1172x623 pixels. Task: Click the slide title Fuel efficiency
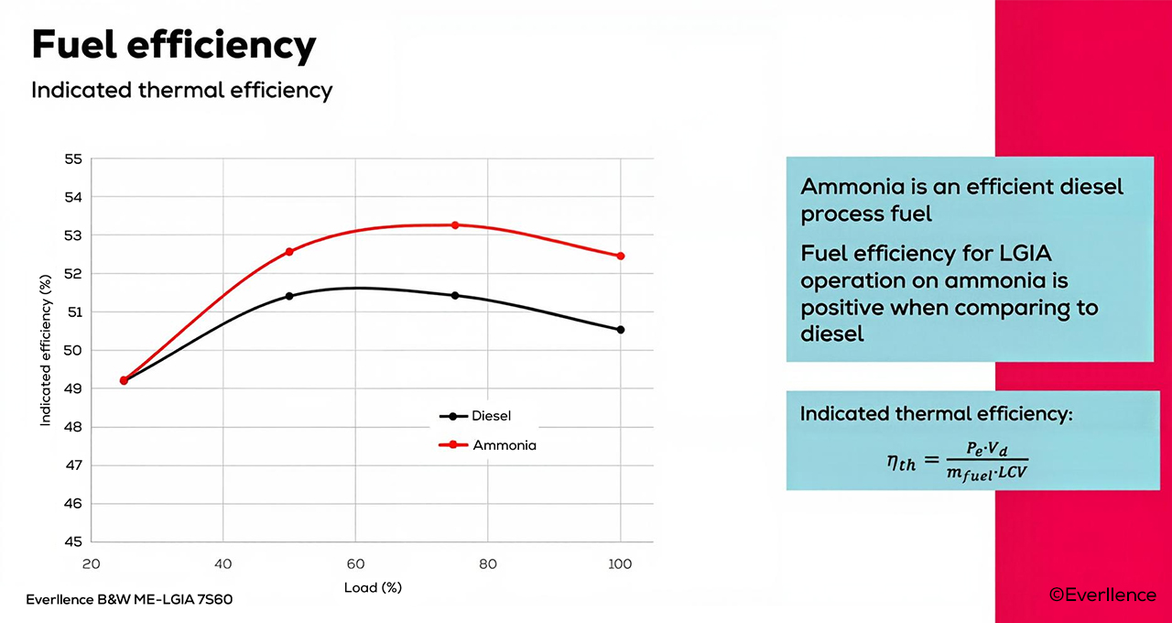click(173, 45)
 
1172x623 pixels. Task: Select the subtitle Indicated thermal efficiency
click(181, 91)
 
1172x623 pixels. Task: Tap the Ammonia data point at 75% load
click(454, 225)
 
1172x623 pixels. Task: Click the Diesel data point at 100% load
click(621, 330)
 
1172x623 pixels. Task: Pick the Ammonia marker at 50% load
click(289, 251)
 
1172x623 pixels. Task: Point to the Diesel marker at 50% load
click(289, 296)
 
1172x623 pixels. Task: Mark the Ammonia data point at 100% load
click(621, 257)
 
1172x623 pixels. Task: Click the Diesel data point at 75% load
click(454, 296)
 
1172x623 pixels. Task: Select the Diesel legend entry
click(475, 416)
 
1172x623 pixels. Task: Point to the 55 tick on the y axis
click(73, 159)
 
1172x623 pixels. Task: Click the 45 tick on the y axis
click(73, 541)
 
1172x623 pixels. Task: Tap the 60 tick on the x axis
click(356, 564)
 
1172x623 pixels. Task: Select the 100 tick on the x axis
click(621, 564)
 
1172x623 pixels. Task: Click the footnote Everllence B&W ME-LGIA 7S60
click(136, 601)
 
